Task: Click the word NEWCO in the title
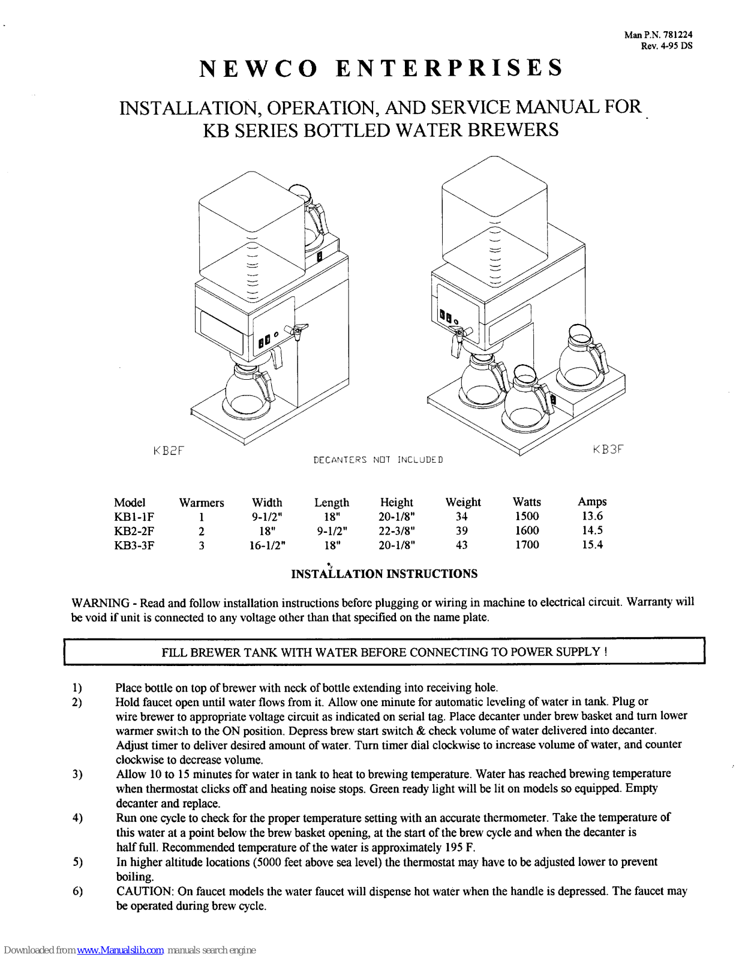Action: (257, 68)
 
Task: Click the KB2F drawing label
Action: (168, 450)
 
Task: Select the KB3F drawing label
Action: (608, 449)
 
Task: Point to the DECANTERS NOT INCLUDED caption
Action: (378, 460)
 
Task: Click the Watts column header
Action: (527, 502)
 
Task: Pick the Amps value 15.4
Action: (592, 545)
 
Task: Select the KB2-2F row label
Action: (134, 531)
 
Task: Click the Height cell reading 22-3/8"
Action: (396, 531)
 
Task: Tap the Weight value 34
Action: (461, 517)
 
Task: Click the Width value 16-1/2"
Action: (267, 545)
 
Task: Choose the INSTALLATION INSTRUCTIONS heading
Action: (384, 574)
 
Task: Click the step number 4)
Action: (77, 818)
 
